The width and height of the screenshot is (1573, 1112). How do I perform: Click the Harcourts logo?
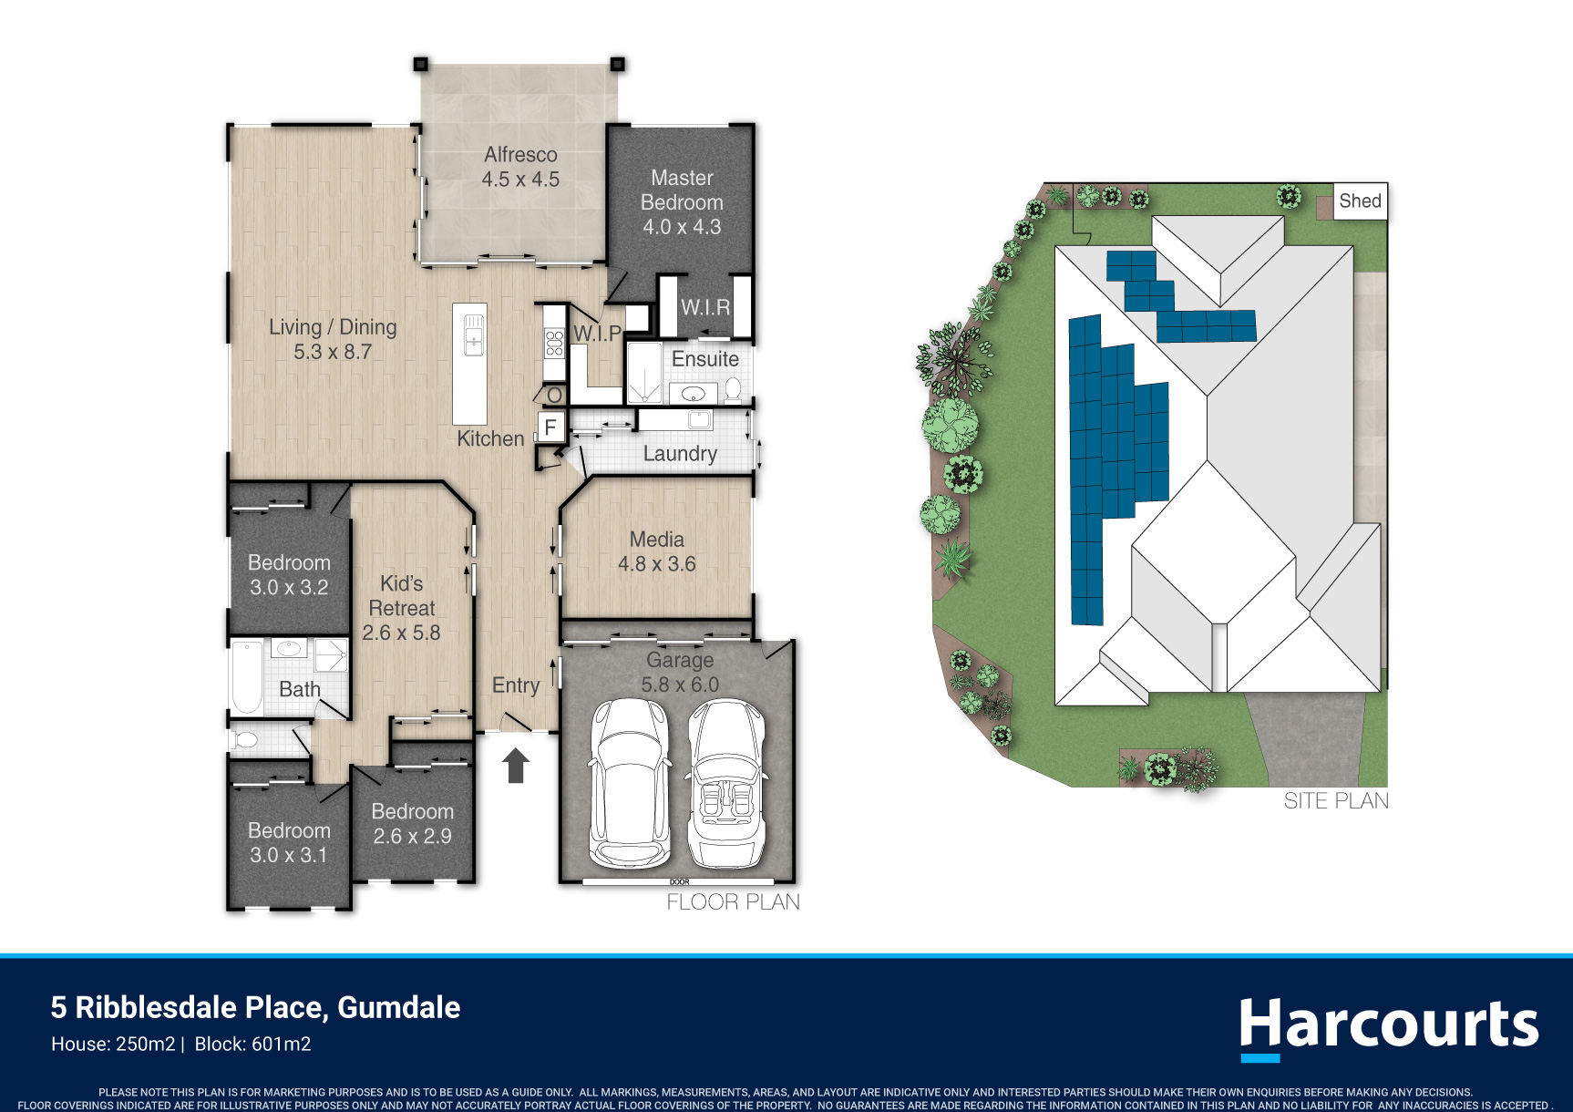[x=1388, y=1028]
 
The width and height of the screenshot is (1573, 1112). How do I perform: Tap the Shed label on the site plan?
[x=1360, y=201]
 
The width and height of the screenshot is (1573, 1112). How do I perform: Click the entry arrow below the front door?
[x=516, y=766]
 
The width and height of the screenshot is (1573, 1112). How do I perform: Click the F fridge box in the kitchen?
[x=550, y=427]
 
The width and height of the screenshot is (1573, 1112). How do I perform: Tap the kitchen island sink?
[x=474, y=335]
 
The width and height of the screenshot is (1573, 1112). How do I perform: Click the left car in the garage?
[x=629, y=781]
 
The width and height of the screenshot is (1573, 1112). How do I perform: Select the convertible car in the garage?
[x=726, y=782]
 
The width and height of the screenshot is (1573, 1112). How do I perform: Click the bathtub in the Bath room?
[x=247, y=677]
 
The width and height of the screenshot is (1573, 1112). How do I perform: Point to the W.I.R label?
[x=705, y=308]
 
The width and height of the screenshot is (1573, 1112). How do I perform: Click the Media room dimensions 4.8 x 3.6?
[x=657, y=564]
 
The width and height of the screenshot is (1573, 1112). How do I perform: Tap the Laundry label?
[x=680, y=454]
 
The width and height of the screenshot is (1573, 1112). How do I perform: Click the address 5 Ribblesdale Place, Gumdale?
[x=255, y=1007]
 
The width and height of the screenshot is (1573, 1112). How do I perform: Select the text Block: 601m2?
[x=253, y=1045]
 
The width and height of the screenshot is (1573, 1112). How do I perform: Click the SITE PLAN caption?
[x=1336, y=801]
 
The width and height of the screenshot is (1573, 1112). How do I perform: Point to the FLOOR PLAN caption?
[x=733, y=902]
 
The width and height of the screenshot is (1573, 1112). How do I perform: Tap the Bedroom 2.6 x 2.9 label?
[x=413, y=824]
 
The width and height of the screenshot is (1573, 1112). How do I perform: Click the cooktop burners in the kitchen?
[x=554, y=343]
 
